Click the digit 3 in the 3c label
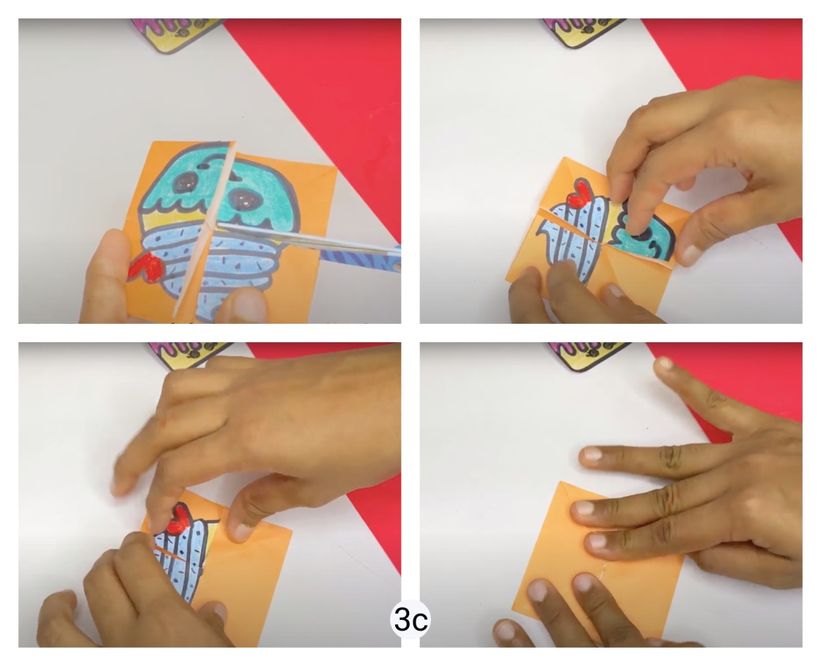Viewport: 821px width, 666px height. pos(402,621)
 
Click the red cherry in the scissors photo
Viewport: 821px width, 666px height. pos(144,267)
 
